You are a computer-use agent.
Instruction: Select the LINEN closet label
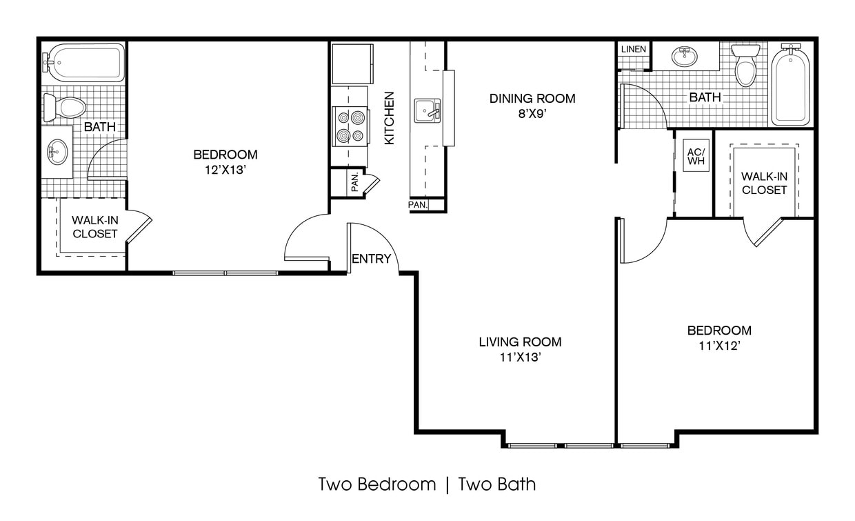[x=633, y=49]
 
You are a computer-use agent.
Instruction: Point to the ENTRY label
[x=371, y=259]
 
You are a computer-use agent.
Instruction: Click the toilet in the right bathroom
[x=745, y=66]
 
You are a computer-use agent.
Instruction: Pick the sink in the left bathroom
[x=57, y=151]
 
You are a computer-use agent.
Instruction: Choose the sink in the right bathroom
[x=685, y=57]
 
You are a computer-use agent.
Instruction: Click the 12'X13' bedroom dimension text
[x=225, y=170]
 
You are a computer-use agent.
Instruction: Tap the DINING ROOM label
[x=532, y=98]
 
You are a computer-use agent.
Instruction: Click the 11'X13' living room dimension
[x=520, y=357]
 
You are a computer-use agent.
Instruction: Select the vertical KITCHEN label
[x=389, y=118]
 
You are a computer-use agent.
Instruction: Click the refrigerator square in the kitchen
[x=352, y=63]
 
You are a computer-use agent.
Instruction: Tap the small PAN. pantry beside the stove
[x=354, y=182]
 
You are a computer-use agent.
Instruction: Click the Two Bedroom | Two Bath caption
[x=427, y=484]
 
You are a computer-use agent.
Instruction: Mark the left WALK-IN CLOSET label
[x=95, y=226]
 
